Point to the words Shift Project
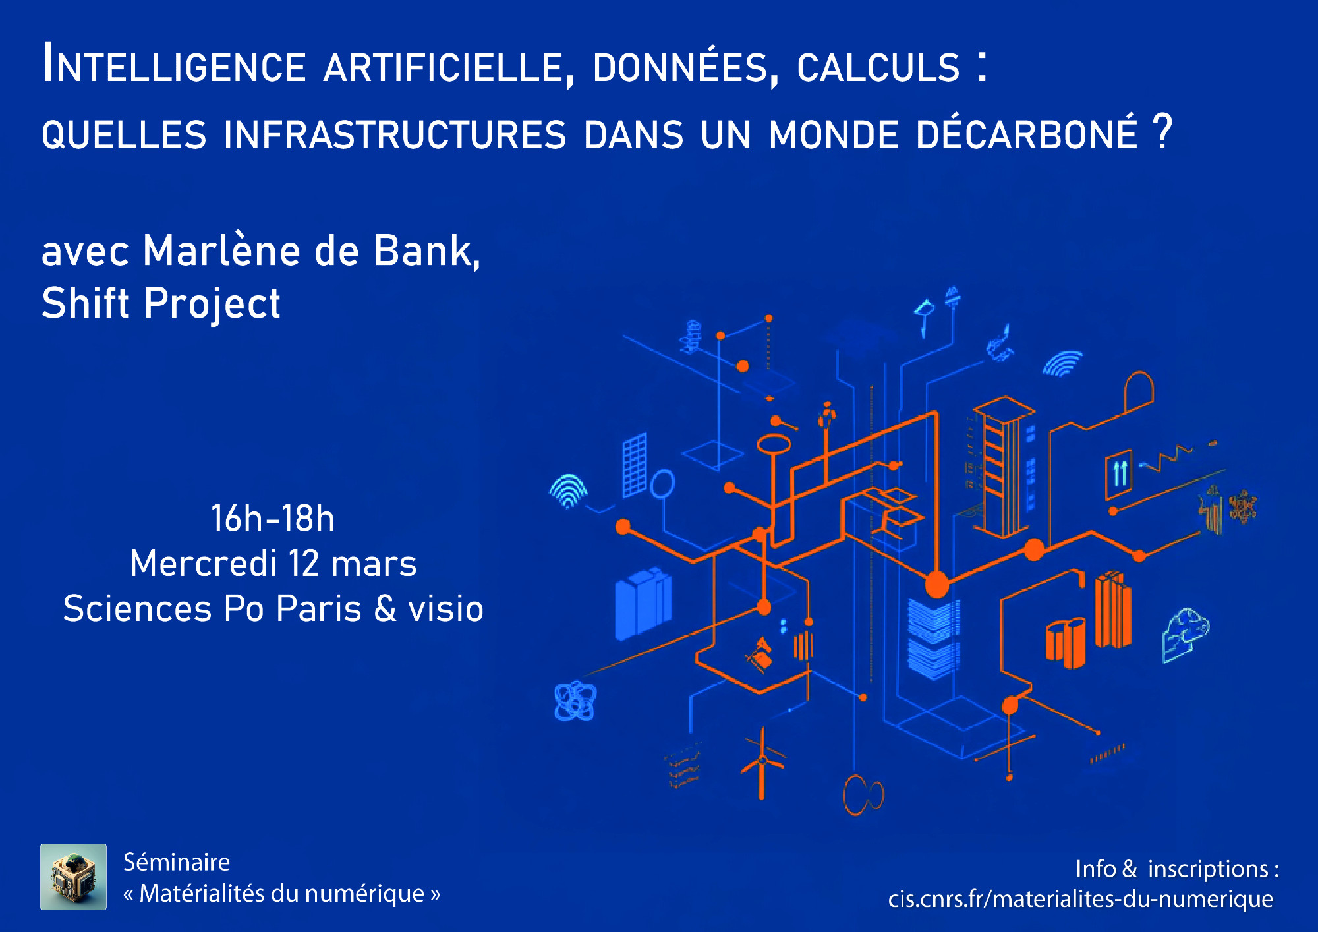pyautogui.click(x=161, y=303)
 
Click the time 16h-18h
pyautogui.click(x=273, y=518)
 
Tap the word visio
pyautogui.click(x=445, y=608)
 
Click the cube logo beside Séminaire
pyautogui.click(x=73, y=877)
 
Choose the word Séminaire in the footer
pyautogui.click(x=177, y=862)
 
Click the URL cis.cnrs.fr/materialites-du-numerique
pyautogui.click(x=1081, y=899)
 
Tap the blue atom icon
pyautogui.click(x=575, y=701)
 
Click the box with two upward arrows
pyautogui.click(x=1119, y=473)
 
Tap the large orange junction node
pyautogui.click(x=936, y=584)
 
